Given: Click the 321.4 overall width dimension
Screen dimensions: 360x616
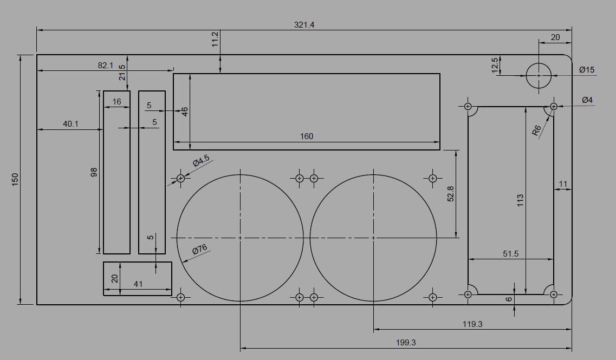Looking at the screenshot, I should click(304, 25).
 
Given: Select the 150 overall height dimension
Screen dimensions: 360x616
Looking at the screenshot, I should click(15, 179).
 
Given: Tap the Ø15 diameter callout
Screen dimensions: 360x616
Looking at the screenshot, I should click(587, 70).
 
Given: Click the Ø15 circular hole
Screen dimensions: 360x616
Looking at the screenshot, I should click(538, 75).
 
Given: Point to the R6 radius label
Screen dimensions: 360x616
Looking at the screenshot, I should click(536, 130).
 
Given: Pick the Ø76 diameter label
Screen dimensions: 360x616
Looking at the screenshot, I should click(200, 250).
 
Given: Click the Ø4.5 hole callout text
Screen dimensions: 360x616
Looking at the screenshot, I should click(200, 161).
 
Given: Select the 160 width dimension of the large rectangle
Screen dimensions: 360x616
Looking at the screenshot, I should click(307, 136).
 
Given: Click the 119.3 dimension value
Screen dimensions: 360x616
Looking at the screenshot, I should click(472, 324).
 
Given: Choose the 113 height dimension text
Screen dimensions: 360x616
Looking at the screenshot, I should click(520, 201).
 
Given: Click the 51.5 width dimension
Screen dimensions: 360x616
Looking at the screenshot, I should click(511, 253).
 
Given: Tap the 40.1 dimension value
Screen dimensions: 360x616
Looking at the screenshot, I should click(70, 124).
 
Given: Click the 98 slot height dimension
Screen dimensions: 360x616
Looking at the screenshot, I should click(94, 172).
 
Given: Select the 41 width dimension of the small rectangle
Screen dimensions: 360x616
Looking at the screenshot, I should click(138, 284).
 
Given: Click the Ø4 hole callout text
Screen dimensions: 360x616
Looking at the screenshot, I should click(587, 100).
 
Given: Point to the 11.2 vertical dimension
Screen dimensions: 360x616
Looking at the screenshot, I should click(215, 40).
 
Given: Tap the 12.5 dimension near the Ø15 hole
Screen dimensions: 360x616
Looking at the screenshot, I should click(495, 66).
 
